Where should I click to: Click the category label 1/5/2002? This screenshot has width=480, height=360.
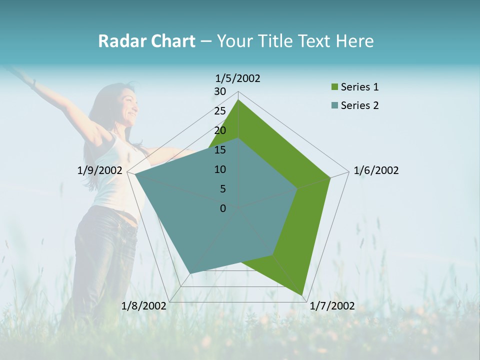point(237,78)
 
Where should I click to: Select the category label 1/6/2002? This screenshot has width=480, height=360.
point(376,170)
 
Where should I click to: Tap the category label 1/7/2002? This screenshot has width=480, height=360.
point(332,306)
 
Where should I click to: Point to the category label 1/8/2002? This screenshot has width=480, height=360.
point(143,306)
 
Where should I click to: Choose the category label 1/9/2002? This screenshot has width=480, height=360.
point(99,170)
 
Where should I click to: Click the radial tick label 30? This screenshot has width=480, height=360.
point(220,91)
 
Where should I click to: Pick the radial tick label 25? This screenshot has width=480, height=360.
point(220,111)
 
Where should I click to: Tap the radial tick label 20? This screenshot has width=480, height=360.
point(220,130)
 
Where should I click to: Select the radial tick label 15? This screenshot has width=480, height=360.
point(220,150)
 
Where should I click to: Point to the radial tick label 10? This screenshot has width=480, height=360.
point(220,169)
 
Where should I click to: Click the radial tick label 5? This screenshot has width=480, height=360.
point(222,189)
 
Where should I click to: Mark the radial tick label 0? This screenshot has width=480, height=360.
point(223,208)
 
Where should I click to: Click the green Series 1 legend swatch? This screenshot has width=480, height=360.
point(334,87)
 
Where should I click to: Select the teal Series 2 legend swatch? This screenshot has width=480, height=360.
point(334,105)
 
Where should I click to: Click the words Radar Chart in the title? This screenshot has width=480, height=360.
point(146,41)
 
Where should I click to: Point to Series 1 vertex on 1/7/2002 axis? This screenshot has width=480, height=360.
point(302,294)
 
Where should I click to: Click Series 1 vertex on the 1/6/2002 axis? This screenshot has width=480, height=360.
point(330,177)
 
